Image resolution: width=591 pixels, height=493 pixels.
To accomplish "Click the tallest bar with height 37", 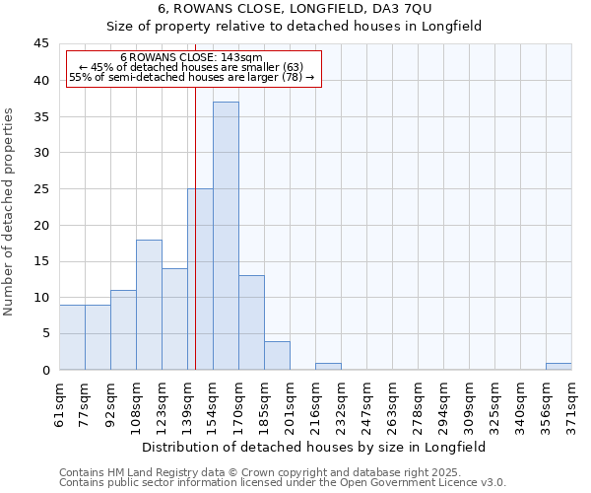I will click(x=226, y=236).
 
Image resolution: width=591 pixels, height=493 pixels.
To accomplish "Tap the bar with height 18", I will click(x=149, y=305).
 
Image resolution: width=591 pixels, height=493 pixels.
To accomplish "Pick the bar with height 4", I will click(x=277, y=355).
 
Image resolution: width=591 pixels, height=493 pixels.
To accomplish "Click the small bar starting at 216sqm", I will click(x=328, y=366).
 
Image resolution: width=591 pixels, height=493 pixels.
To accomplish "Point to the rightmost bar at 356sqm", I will click(x=558, y=366).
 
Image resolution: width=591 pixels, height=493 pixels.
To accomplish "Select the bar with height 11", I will click(x=123, y=329).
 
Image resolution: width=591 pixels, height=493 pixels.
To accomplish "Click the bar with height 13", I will click(x=251, y=322).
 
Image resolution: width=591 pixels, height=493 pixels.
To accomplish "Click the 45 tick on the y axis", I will click(x=40, y=44).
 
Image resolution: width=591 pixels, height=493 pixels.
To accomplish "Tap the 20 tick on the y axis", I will click(x=40, y=225).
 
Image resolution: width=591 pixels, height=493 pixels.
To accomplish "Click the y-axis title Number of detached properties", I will click(x=10, y=212).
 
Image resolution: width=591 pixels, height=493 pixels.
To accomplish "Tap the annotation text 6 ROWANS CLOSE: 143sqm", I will click(x=191, y=58).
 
